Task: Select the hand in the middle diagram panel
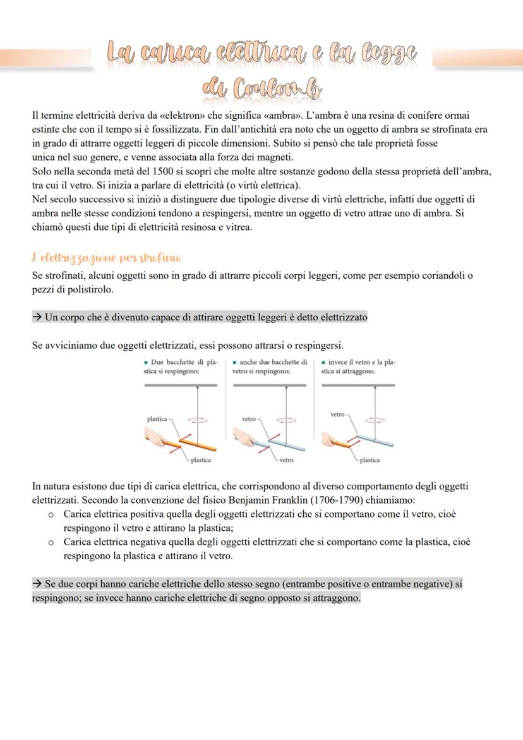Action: click(243, 437)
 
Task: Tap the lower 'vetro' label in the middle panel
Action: click(286, 460)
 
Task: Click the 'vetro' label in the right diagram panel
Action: click(338, 415)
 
